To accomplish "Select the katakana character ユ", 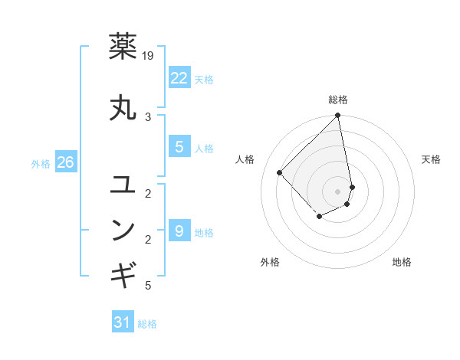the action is [124, 185].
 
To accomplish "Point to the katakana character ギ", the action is [124, 272].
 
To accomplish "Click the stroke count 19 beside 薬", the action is [149, 56].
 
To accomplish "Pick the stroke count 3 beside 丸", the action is [148, 116].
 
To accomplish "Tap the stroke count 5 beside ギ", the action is [148, 286].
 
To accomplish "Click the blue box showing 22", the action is [179, 77].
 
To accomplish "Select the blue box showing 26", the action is [65, 162].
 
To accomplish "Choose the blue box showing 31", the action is [123, 322].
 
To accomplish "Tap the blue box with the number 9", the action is [179, 231].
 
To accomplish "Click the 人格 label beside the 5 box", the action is [204, 149].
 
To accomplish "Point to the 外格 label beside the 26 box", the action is [41, 163].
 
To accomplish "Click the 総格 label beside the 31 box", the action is [147, 324].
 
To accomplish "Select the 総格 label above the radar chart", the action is [338, 100].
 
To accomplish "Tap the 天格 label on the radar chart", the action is [431, 159].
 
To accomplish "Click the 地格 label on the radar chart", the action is [402, 262].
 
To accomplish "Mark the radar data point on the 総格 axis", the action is [338, 116].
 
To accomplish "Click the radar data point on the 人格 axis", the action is [281, 172].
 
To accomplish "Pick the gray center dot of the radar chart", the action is [338, 191].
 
